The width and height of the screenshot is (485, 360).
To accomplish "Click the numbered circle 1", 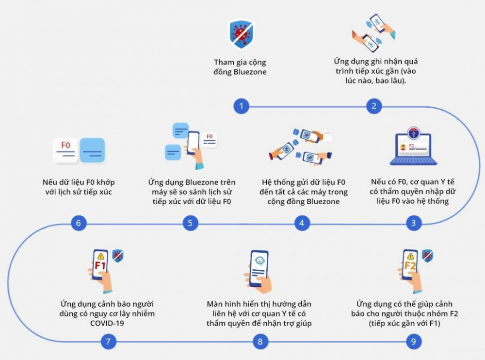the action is (x=241, y=106).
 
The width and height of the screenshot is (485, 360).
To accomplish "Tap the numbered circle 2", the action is (x=374, y=106).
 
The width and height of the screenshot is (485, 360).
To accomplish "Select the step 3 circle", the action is (x=413, y=223).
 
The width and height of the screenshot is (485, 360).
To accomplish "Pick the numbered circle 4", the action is (x=302, y=223).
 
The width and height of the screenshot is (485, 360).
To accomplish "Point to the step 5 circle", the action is (x=190, y=223).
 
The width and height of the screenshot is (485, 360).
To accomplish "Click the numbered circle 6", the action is (x=78, y=223).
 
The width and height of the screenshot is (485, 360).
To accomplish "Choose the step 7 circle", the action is (x=108, y=342).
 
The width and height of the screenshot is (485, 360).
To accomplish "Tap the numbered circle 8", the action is (x=260, y=342).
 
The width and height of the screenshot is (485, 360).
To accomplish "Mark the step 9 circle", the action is (x=413, y=342).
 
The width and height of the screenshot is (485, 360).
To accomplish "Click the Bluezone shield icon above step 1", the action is (x=241, y=34).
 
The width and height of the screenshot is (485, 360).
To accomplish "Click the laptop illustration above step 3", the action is (x=413, y=146).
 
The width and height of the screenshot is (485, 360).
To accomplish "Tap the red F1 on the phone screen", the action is (x=100, y=265).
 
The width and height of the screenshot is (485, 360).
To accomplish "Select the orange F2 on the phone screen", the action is (x=410, y=265).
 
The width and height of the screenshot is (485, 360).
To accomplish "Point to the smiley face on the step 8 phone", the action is (x=259, y=261).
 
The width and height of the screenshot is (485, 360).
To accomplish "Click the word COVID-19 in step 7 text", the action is (x=107, y=324).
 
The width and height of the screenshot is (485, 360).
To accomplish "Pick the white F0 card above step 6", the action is (x=65, y=150).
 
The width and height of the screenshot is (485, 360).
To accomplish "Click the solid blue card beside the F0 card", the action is (x=92, y=150).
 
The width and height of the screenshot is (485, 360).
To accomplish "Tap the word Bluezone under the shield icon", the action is (x=250, y=72).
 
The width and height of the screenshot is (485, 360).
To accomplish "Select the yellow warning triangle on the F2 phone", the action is (x=410, y=256).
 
